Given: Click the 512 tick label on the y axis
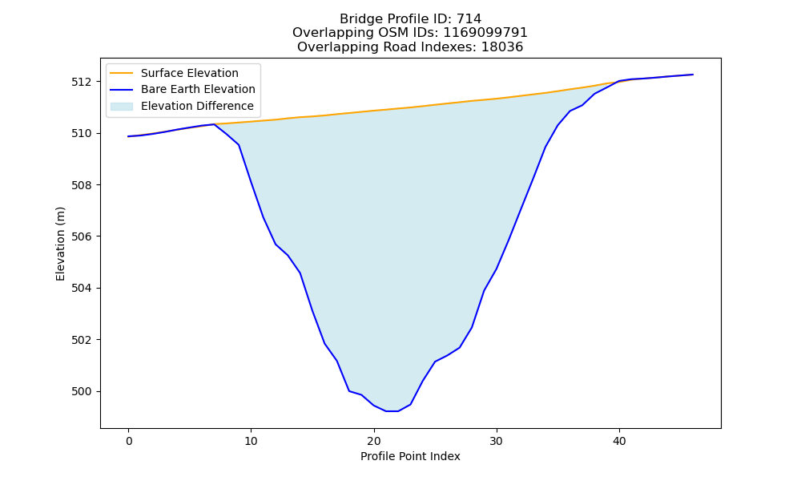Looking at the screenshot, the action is coord(81,82).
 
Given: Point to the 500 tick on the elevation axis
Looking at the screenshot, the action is coord(81,391).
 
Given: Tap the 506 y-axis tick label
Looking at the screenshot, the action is coord(81,236).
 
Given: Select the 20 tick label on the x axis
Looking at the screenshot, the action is coord(374,441).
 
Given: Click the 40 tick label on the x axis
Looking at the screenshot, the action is coord(619,441).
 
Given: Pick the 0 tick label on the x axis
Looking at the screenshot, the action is coord(129,441).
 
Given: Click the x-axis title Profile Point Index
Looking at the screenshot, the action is coord(410,456).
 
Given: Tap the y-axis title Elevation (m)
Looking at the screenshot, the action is coord(60,244).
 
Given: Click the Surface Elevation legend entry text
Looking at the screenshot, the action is coord(190,73).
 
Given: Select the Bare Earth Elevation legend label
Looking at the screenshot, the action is coord(198,89).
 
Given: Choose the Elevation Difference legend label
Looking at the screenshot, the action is coord(197,106).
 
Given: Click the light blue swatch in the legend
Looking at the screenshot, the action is coord(122,107).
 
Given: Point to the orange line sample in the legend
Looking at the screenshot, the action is coord(122,73).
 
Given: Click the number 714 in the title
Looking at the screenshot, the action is coord(469,19).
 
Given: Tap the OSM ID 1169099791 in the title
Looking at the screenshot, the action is coord(485,33).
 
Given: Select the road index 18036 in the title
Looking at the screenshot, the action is coord(502,47).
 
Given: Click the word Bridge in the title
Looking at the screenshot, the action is coord(357,19).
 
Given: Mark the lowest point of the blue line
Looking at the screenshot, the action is coord(392,411).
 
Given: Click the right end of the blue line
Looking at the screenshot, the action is coord(693,75).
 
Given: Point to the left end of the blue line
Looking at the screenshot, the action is coord(129,136).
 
